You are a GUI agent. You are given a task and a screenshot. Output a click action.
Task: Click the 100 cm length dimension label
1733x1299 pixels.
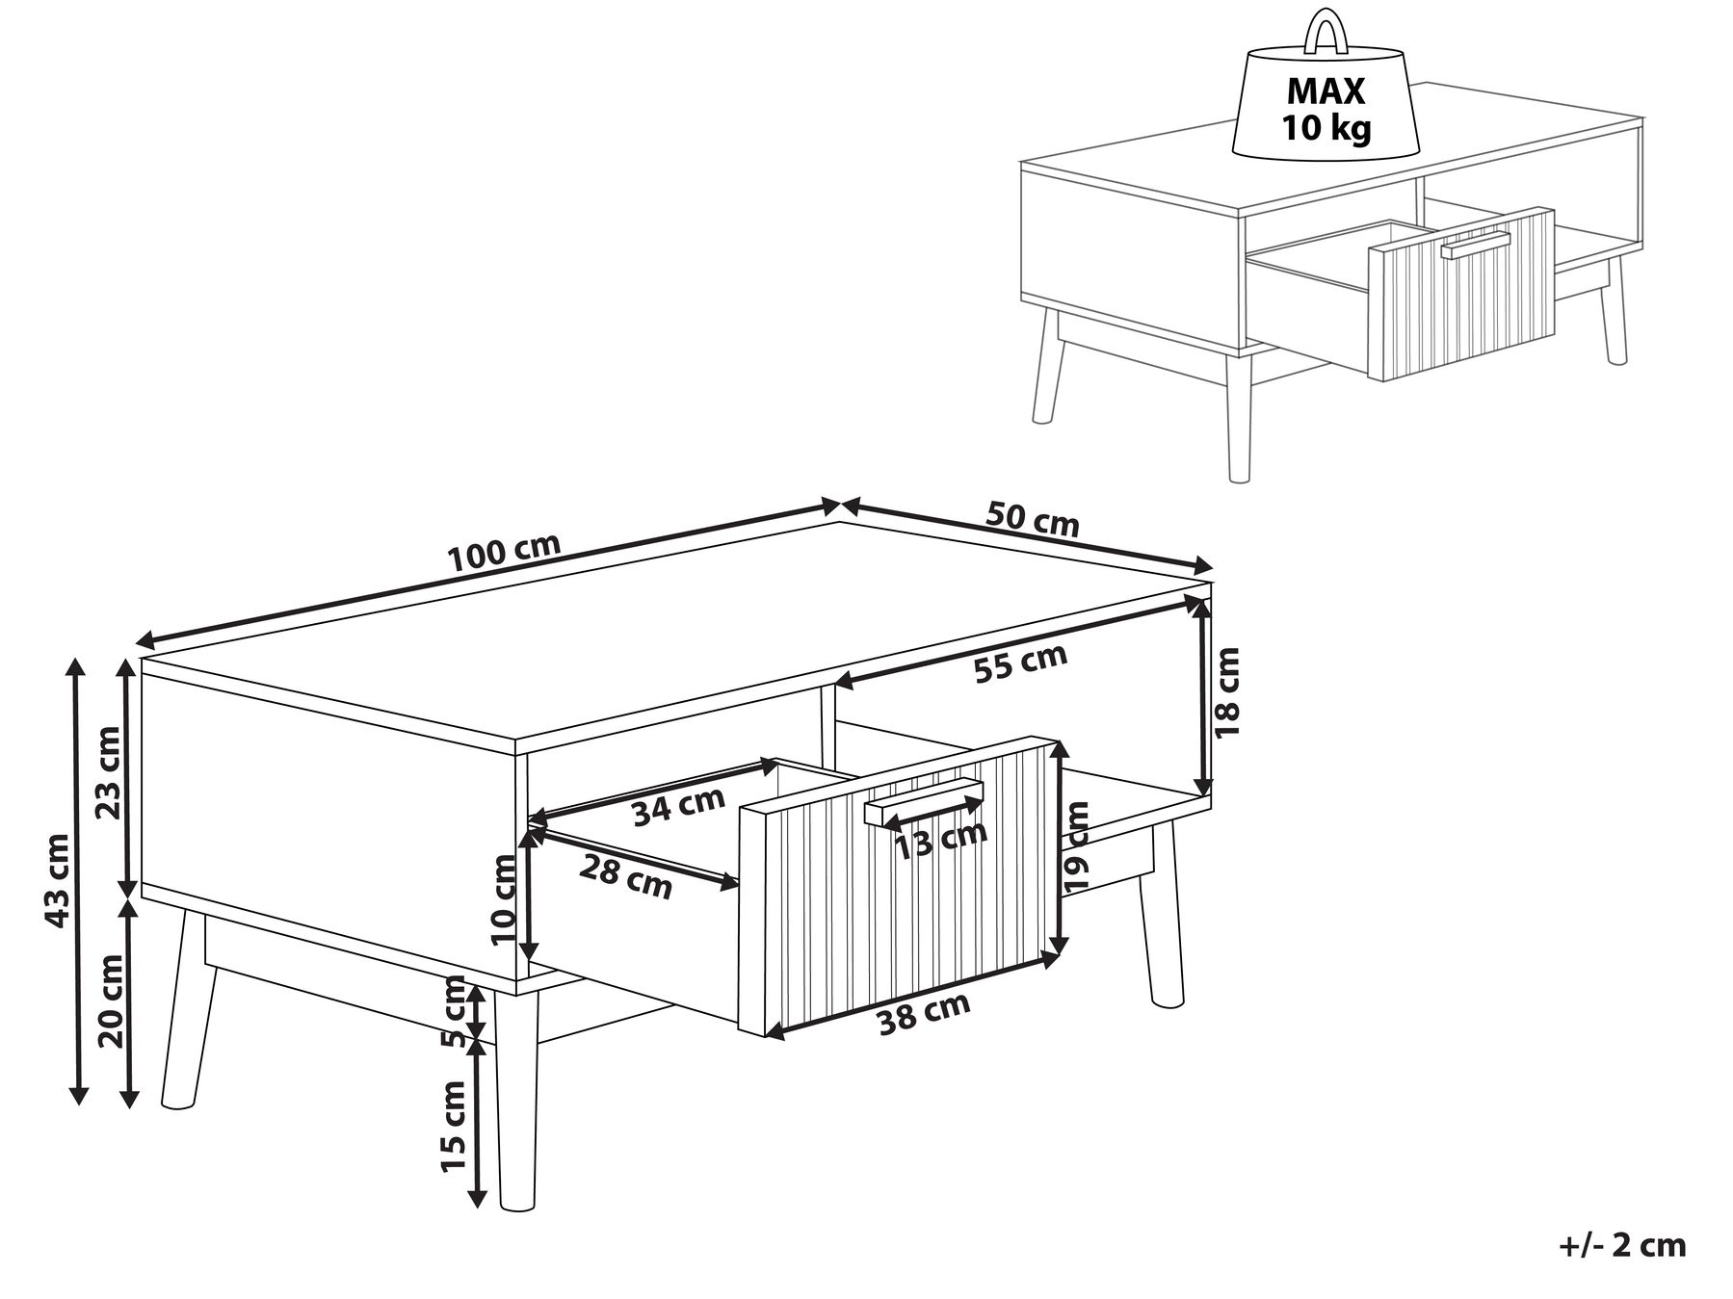click(504, 552)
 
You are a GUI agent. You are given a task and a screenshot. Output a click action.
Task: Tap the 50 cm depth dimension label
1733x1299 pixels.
click(1032, 519)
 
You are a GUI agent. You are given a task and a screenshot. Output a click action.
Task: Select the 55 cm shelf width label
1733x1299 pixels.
click(1020, 663)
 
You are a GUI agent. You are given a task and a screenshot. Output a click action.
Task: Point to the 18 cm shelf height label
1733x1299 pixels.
click(1227, 692)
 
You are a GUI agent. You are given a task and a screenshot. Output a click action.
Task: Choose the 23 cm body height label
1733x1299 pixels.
click(109, 772)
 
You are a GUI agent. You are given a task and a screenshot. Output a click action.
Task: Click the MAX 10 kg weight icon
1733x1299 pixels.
click(1326, 106)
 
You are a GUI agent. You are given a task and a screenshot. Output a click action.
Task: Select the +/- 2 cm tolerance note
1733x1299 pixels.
click(1621, 1244)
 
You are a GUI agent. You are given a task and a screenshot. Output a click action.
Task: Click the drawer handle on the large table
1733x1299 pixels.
click(923, 801)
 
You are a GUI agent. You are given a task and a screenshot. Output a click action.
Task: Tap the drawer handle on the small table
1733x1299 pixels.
click(1474, 245)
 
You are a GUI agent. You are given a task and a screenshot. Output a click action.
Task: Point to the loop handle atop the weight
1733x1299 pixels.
click(1326, 33)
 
